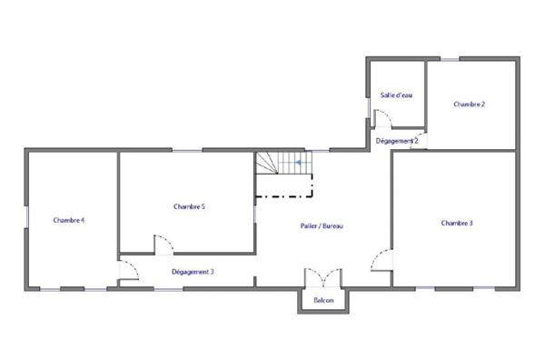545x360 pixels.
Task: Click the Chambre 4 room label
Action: tap(69, 220)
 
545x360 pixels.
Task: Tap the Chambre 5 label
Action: tap(189, 207)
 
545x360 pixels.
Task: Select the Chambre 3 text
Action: tap(457, 223)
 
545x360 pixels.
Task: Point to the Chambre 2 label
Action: tap(469, 105)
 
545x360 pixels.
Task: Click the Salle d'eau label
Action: tap(393, 95)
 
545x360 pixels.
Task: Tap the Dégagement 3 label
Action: tap(193, 271)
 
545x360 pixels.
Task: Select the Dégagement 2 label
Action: tap(396, 141)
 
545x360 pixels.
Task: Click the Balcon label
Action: tap(323, 300)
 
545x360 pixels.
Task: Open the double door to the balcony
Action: tap(322, 277)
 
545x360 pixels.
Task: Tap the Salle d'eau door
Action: tap(381, 115)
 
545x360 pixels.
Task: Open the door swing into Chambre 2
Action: tap(420, 139)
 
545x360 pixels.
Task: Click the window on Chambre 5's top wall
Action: tap(187, 150)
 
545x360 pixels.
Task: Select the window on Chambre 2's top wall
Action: tap(449, 59)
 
